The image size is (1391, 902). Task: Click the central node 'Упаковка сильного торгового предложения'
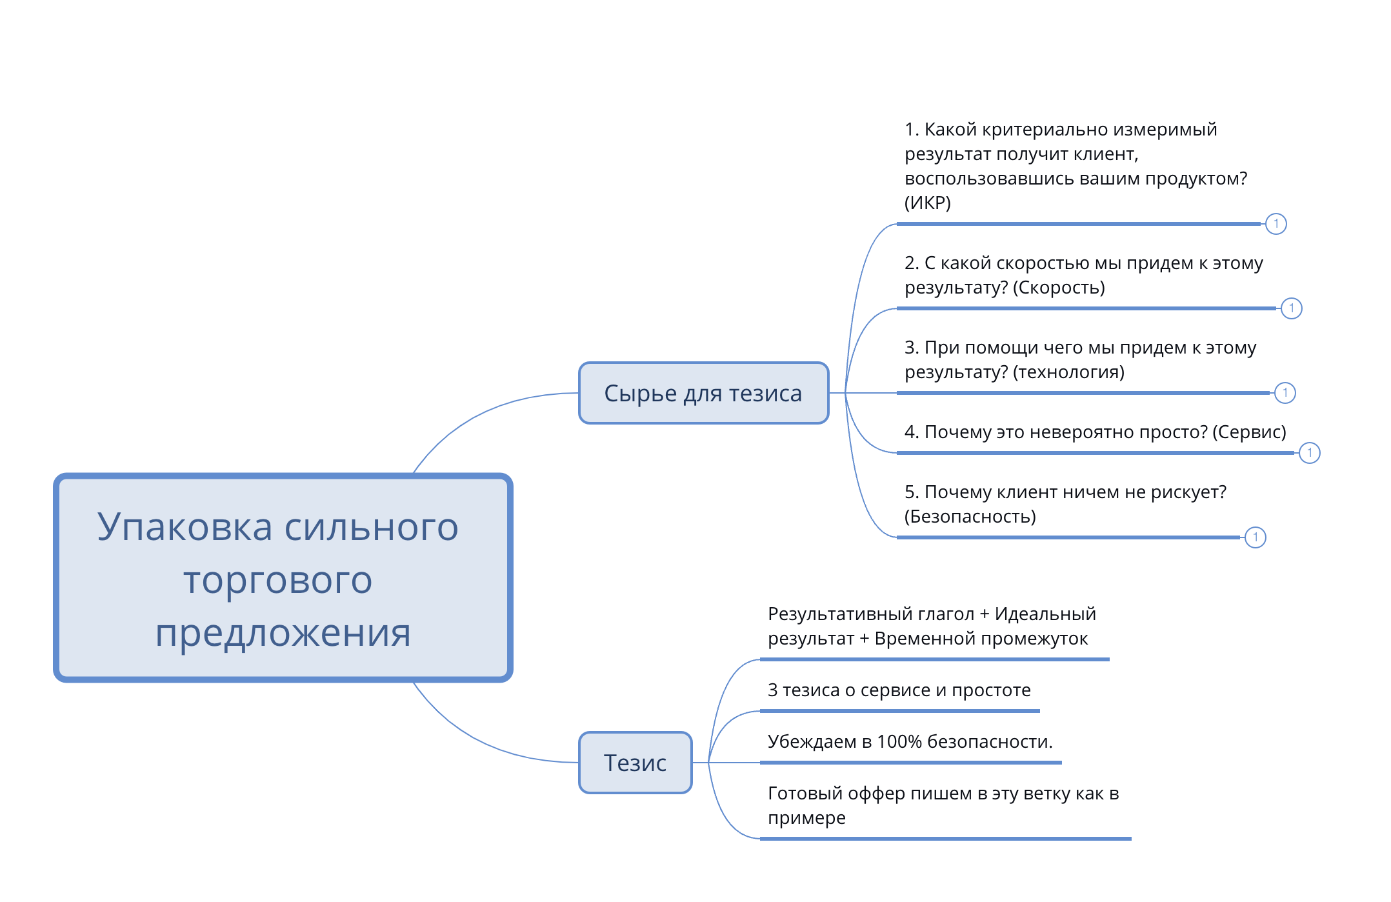click(283, 577)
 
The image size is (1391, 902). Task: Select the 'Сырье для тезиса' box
click(703, 393)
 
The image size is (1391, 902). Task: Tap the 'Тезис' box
click(635, 763)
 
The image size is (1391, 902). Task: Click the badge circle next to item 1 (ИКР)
click(1276, 224)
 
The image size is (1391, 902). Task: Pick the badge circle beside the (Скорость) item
click(1292, 308)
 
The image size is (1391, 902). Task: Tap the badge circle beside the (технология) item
click(1285, 393)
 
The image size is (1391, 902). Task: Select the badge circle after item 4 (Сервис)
click(1310, 453)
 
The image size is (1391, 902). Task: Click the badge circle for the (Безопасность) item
click(1256, 537)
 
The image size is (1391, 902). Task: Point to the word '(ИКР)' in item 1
click(928, 203)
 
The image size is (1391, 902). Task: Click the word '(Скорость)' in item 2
click(1059, 288)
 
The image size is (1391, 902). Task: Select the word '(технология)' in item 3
click(1069, 372)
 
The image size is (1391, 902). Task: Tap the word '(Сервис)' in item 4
click(1250, 432)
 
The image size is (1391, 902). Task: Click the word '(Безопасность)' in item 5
click(970, 517)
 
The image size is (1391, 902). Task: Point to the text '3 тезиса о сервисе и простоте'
click(899, 690)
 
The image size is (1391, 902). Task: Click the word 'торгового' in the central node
click(278, 581)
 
